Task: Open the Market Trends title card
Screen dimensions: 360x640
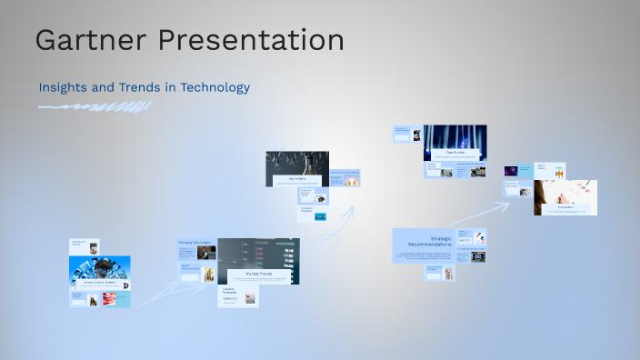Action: pyautogui.click(x=258, y=273)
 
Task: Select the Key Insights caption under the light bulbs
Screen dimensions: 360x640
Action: pyautogui.click(x=297, y=179)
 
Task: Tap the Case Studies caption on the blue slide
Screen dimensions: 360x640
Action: pyautogui.click(x=455, y=152)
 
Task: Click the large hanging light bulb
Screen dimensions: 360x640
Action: pyautogui.click(x=308, y=165)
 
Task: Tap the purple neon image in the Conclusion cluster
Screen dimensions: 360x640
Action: pyautogui.click(x=512, y=170)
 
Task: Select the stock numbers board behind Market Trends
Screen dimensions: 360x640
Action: pyautogui.click(x=273, y=255)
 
